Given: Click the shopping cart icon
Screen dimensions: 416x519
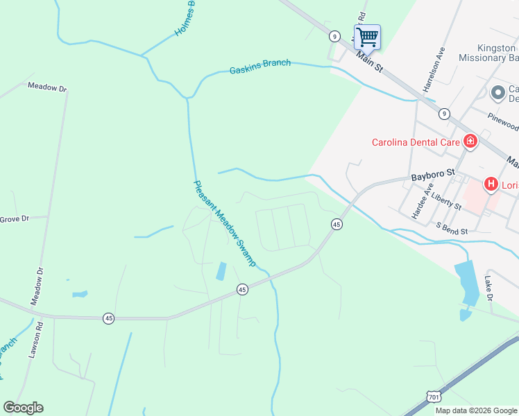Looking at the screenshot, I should pyautogui.click(x=367, y=36).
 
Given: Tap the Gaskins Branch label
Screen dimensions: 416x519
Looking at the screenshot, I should pyautogui.click(x=260, y=67).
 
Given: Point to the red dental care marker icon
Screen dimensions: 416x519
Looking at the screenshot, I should pyautogui.click(x=470, y=142).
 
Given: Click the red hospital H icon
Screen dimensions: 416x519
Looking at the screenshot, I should pyautogui.click(x=491, y=184).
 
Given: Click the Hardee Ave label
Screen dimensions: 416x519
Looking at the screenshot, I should pyautogui.click(x=421, y=201).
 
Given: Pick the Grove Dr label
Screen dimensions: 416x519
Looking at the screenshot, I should pyautogui.click(x=14, y=219).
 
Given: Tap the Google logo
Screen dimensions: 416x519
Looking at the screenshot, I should pyautogui.click(x=23, y=408).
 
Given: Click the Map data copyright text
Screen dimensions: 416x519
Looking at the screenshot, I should pyautogui.click(x=475, y=410).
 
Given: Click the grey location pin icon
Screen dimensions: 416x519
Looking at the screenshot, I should pyautogui.click(x=497, y=92).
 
